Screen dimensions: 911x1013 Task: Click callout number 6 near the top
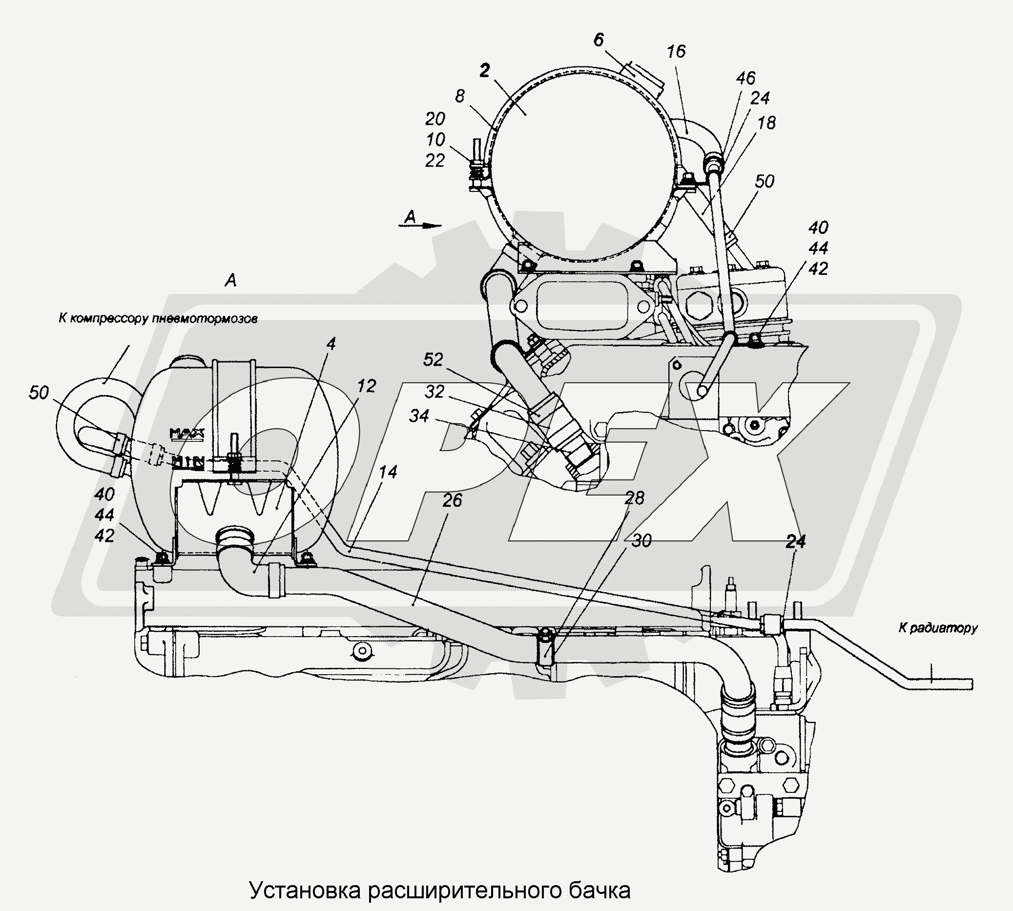(x=599, y=40)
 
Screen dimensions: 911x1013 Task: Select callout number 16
(x=676, y=51)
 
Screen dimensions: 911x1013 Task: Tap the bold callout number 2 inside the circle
(x=484, y=72)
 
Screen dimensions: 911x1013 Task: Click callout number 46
(x=746, y=78)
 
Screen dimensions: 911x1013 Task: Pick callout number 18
(x=766, y=122)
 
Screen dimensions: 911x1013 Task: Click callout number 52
(x=433, y=359)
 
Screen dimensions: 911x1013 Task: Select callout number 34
(x=419, y=415)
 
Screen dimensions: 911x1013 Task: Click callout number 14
(x=388, y=472)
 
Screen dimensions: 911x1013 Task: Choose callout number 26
(x=452, y=500)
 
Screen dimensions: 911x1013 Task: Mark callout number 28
(x=635, y=498)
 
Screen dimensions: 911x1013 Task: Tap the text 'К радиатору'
(x=937, y=628)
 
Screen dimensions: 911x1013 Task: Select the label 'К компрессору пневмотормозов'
(x=158, y=318)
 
